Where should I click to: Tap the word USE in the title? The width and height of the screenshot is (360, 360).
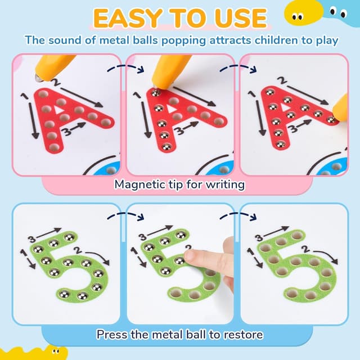coord(240,18)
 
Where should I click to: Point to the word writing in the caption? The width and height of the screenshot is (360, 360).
coord(227,184)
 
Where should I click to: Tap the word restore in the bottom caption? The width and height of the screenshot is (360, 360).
coord(242,334)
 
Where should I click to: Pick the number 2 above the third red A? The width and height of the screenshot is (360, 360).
coord(281,81)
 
